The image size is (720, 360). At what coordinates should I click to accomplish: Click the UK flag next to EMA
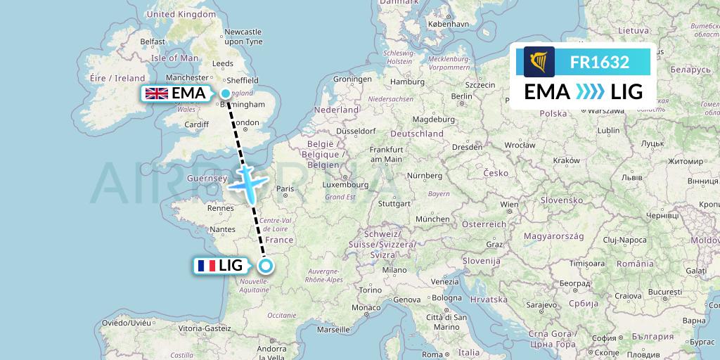click(156, 93)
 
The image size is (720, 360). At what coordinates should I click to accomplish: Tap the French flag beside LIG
click(207, 266)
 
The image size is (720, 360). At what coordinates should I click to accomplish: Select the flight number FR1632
click(599, 62)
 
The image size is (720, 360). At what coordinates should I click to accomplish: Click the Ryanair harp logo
click(539, 62)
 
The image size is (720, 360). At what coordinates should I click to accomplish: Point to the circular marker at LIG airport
click(266, 266)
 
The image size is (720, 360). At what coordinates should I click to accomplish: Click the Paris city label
click(285, 188)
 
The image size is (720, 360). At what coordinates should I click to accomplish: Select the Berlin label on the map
click(462, 96)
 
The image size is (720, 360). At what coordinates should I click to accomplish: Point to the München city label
click(432, 219)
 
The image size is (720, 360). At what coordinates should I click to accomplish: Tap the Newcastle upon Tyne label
click(243, 37)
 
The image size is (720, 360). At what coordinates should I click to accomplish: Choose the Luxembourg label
click(345, 184)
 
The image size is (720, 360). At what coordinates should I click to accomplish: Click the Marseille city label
click(333, 329)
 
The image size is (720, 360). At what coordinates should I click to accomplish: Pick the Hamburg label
click(404, 82)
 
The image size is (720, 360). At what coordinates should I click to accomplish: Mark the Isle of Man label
click(174, 58)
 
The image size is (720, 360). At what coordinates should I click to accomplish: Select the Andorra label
click(271, 347)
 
